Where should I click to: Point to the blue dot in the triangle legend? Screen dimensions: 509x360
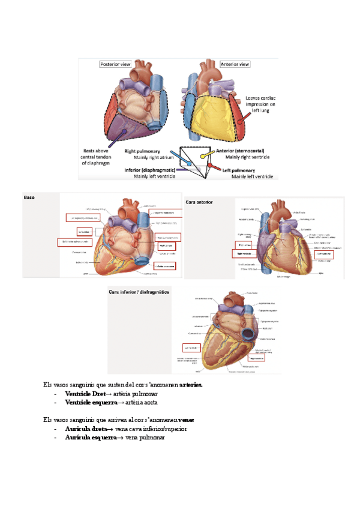click(172, 153)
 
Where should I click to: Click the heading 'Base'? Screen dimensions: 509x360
click(29, 197)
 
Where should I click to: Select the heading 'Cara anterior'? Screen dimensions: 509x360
click(200, 202)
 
